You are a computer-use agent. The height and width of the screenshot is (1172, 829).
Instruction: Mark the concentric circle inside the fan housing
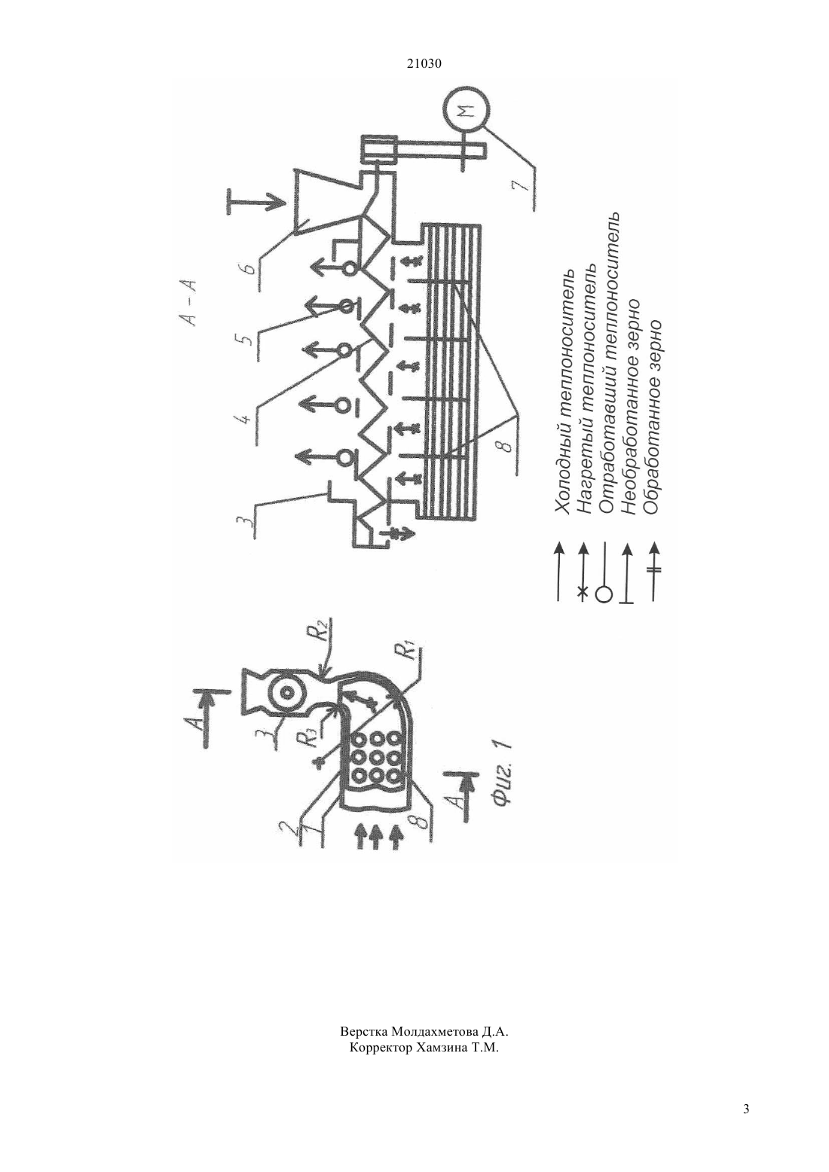tap(286, 691)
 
